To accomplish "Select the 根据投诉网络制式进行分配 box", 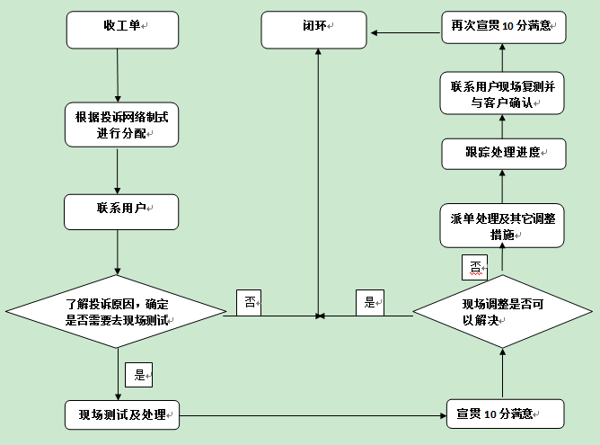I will pos(121,125).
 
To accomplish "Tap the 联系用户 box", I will pos(121,210).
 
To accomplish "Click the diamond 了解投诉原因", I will pos(118,313).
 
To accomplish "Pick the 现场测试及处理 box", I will pos(121,414).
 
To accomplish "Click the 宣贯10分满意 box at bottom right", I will pos(503,414).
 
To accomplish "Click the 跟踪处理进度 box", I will pos(502,153).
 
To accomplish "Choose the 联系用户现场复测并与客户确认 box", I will pos(502,94).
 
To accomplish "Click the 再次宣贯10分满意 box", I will pos(503,28).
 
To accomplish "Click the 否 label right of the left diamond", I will pos(248,303).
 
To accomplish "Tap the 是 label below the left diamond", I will pos(138,375).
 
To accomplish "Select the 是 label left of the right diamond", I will pos(369,302).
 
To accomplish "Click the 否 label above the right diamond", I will pos(474,267).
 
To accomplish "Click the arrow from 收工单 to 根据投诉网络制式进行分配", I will pos(119,76).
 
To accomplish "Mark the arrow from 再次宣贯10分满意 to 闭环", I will pos(403,32).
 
